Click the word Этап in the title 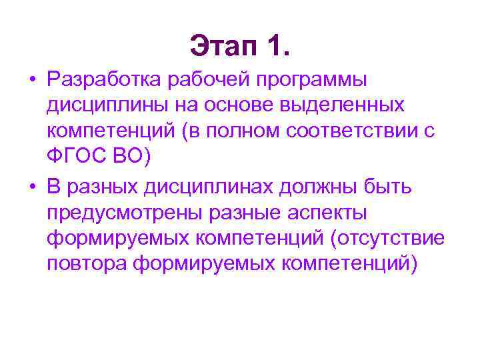point(224,46)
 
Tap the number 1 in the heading point(275,46)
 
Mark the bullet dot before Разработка point(32,81)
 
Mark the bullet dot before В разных point(32,189)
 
